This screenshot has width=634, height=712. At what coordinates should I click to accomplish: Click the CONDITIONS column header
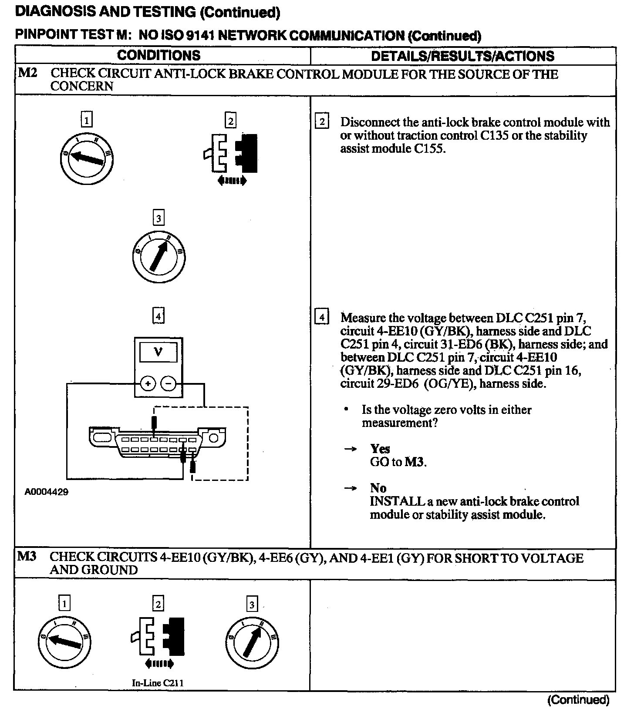(x=159, y=55)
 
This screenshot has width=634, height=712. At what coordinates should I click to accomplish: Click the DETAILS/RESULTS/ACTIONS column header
(x=462, y=56)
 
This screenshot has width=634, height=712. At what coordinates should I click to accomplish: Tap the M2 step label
(x=27, y=73)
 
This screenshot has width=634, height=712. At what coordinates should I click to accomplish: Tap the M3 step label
(x=27, y=557)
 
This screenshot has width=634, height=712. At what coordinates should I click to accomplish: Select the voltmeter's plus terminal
(x=148, y=383)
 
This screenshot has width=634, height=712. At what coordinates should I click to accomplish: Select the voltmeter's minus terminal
(x=169, y=383)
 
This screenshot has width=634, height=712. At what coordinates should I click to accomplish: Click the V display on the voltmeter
(x=158, y=352)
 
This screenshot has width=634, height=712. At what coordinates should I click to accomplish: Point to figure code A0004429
(x=47, y=492)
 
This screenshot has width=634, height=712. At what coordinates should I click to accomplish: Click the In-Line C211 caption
(x=158, y=683)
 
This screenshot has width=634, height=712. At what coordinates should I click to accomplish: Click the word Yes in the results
(x=380, y=449)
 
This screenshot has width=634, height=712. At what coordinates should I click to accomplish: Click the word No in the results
(x=378, y=488)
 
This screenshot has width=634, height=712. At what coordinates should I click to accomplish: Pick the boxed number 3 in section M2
(x=158, y=218)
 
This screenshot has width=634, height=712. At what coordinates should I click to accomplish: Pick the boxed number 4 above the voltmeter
(x=158, y=316)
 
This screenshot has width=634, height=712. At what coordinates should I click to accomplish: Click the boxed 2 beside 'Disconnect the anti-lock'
(x=322, y=121)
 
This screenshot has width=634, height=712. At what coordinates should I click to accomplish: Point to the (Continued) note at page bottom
(x=578, y=699)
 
